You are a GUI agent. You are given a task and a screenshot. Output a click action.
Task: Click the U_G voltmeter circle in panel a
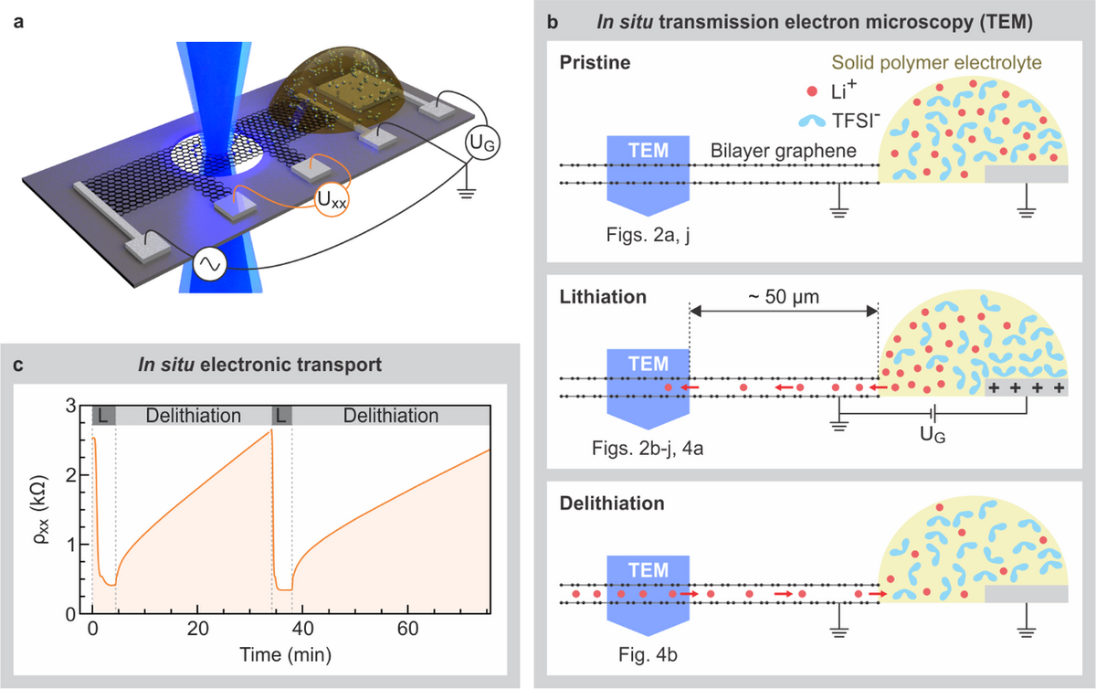click(482, 143)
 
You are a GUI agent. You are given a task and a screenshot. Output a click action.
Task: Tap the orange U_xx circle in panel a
click(332, 199)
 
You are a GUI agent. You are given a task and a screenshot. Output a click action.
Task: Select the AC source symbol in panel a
click(210, 263)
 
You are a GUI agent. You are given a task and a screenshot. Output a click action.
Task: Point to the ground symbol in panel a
click(467, 193)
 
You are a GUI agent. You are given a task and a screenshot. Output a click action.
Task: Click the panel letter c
click(18, 365)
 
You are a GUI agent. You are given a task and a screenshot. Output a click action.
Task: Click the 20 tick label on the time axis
click(197, 629)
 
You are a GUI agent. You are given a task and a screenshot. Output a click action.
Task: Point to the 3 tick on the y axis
click(71, 406)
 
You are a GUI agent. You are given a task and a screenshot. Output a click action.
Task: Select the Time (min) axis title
click(285, 654)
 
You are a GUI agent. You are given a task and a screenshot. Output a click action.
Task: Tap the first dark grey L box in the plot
click(104, 416)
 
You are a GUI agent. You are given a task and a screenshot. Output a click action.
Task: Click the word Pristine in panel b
click(595, 63)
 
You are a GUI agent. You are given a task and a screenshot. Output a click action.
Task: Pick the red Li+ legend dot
click(812, 91)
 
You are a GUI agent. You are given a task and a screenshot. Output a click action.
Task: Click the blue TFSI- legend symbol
click(812, 121)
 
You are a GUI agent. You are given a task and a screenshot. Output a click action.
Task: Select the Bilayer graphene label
click(784, 151)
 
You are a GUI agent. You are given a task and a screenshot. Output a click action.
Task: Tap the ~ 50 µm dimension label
click(784, 297)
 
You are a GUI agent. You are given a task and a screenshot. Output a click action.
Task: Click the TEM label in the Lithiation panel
click(648, 364)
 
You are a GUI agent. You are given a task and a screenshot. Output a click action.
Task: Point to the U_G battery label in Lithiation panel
click(933, 435)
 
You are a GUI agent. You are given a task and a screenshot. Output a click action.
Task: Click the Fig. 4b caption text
click(648, 654)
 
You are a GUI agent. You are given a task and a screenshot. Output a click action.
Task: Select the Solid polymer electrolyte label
click(936, 63)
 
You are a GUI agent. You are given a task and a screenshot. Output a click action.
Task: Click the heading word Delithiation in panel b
click(612, 503)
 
